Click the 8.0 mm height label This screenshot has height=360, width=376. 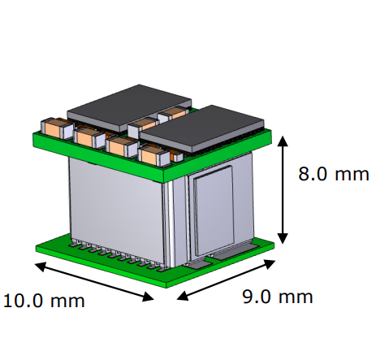click(x=333, y=175)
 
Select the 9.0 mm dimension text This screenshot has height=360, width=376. click(x=277, y=297)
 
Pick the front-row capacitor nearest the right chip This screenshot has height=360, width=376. click(x=152, y=154)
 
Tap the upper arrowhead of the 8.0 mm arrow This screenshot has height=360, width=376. click(x=283, y=141)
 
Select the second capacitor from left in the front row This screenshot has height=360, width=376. click(x=88, y=136)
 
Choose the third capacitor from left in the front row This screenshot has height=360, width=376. click(x=120, y=145)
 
